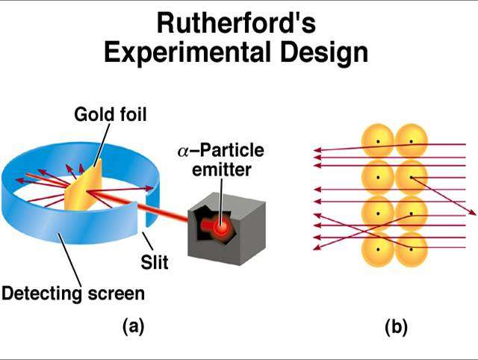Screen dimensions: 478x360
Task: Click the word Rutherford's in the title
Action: coord(236,23)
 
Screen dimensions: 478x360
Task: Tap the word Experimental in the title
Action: coord(187,52)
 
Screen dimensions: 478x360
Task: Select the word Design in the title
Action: coord(324,52)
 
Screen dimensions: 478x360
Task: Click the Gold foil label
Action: coord(111,114)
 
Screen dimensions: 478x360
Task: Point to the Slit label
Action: coord(155,262)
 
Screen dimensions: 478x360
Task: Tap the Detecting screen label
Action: coord(73,294)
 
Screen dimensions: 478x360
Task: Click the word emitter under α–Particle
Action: coord(222,170)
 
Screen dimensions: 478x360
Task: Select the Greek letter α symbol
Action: coord(184,152)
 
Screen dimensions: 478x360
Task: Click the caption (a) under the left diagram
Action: coord(133,326)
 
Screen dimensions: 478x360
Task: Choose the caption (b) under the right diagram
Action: coord(396,327)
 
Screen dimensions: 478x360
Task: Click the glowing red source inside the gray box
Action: coord(221,226)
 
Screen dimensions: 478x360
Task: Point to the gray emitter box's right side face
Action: coord(253,232)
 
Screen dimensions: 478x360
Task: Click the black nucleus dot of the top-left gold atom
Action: coord(378,141)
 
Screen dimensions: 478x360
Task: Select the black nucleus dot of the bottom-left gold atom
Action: coord(378,249)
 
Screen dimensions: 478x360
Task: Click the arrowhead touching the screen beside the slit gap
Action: coord(149,188)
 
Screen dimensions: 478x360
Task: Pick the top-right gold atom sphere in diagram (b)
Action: coord(412,141)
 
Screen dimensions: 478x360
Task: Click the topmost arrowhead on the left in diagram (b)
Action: coord(317,149)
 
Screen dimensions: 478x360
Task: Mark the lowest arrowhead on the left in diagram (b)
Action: coord(317,247)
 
